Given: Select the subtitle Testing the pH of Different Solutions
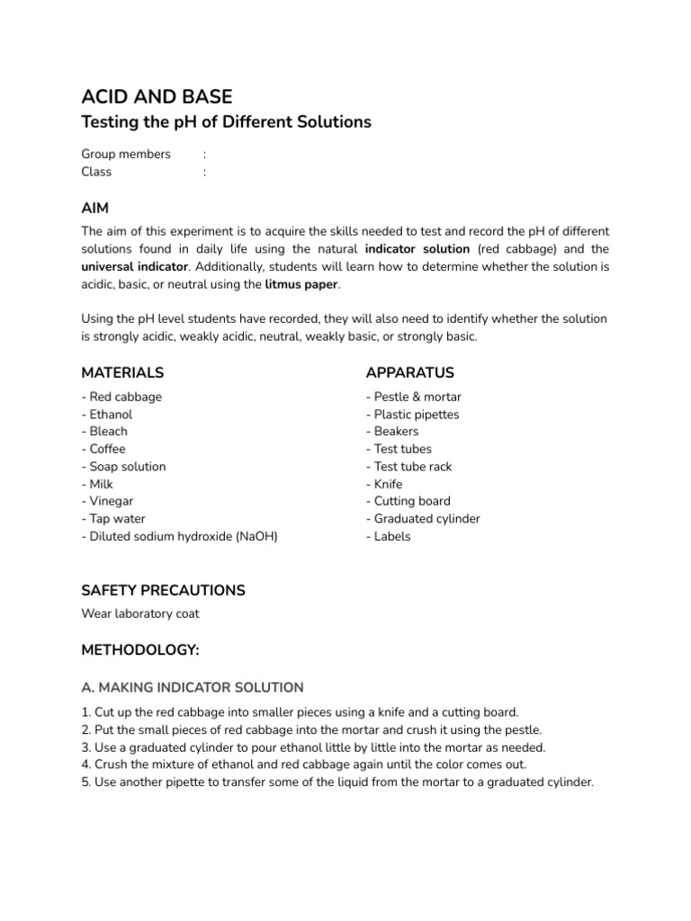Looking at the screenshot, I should point(226,122).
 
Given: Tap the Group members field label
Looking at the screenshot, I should point(126,154).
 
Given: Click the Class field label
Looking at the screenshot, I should point(96,172).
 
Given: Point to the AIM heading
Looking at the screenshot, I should point(95,208).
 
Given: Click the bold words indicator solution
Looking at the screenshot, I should point(417,249).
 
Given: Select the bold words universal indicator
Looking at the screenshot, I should point(135,267).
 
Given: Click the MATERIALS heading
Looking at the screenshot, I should point(122,372).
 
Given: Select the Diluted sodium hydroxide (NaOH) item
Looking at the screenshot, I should point(180,536).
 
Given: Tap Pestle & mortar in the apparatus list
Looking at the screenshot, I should point(414,397).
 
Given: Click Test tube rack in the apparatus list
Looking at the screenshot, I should point(409,467).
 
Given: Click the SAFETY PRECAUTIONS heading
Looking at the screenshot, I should point(163,591).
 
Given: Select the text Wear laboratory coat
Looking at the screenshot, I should point(140,614).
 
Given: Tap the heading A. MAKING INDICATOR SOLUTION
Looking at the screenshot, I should point(192,687).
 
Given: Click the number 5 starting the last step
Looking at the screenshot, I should point(85,782).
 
